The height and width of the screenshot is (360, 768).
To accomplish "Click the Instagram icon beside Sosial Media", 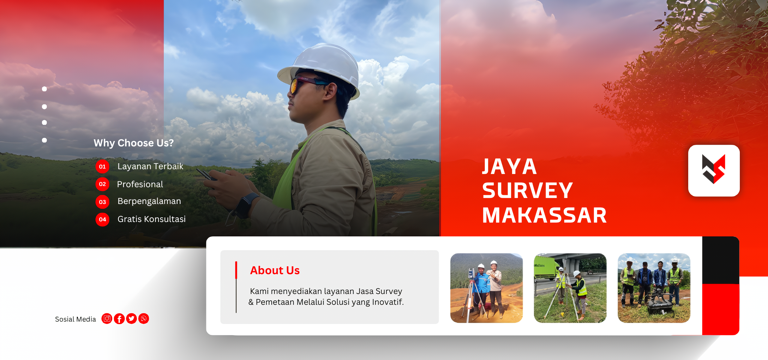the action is click(x=107, y=319).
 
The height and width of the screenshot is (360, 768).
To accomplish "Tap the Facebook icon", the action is click(x=119, y=319).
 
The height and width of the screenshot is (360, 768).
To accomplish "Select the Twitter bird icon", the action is click(x=131, y=319).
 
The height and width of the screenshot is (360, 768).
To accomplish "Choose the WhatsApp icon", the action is click(x=144, y=319).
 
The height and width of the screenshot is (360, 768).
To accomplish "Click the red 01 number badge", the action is click(x=102, y=166).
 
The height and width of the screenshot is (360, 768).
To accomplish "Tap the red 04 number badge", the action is click(x=102, y=220).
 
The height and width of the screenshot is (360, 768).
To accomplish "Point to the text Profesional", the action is click(x=140, y=184).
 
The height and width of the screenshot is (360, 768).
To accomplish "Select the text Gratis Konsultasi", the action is click(x=151, y=219).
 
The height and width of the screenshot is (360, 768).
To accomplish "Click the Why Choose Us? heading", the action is click(x=134, y=143).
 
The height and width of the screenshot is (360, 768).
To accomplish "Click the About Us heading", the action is click(x=275, y=270).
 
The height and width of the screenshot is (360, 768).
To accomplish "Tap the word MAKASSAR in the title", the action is click(x=544, y=215).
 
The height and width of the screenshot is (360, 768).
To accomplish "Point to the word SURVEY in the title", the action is click(x=527, y=190).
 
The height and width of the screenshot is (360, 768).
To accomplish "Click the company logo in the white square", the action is click(x=714, y=170).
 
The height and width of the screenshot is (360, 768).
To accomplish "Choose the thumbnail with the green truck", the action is click(x=570, y=288).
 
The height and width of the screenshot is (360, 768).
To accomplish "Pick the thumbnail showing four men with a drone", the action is click(x=654, y=288).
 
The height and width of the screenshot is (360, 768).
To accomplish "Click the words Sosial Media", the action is click(x=75, y=319).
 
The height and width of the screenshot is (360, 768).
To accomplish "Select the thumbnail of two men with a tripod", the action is click(x=487, y=288).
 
